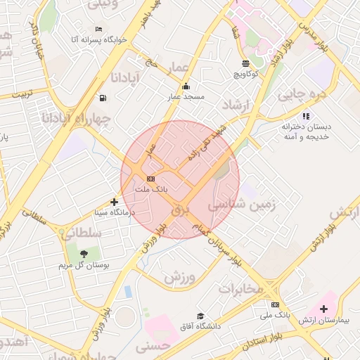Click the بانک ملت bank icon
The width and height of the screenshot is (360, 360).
pyautogui.click(x=150, y=179)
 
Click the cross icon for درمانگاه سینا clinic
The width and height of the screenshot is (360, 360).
pyautogui.click(x=115, y=202)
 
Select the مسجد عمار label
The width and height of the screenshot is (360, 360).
pyautogui.click(x=186, y=96)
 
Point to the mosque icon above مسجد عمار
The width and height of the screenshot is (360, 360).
pyautogui.click(x=186, y=86)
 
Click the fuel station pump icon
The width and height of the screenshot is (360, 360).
pyautogui.click(x=104, y=98)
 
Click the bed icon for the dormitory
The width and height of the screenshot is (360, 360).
pyautogui.click(x=98, y=30)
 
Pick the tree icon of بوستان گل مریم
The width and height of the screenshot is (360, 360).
pyautogui.click(x=84, y=254)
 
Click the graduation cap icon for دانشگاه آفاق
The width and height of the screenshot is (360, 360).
pyautogui.click(x=200, y=316)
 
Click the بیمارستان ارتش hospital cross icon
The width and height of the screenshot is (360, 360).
pyautogui.click(x=323, y=309)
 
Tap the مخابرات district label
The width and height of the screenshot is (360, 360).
pyautogui.click(x=240, y=288)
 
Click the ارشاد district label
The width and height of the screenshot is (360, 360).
pyautogui.click(x=236, y=105)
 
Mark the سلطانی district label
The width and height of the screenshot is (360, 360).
pyautogui.click(x=82, y=233)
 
